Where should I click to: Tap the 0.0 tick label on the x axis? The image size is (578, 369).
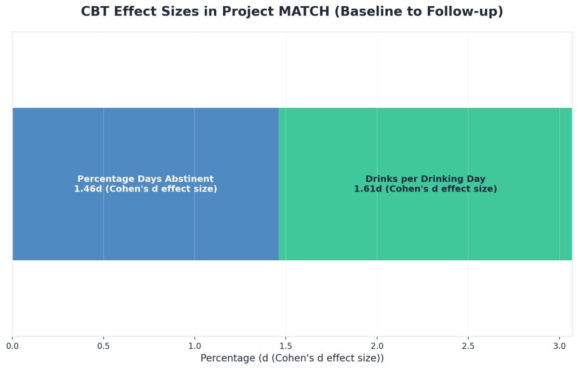tap(13, 346)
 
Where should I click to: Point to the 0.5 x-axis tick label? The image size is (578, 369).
tap(104, 346)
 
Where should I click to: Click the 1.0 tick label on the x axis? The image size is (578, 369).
tap(195, 346)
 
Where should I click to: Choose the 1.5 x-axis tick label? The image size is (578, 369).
tap(286, 346)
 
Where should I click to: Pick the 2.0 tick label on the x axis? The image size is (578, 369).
tap(377, 346)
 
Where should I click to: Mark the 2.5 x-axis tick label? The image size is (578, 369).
tap(468, 346)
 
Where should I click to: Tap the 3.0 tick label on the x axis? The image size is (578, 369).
tap(559, 346)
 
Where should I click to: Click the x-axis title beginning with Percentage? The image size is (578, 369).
tap(292, 358)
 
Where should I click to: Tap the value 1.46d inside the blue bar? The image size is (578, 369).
tap(88, 189)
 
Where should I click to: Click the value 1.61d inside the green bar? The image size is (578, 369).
tap(368, 189)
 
